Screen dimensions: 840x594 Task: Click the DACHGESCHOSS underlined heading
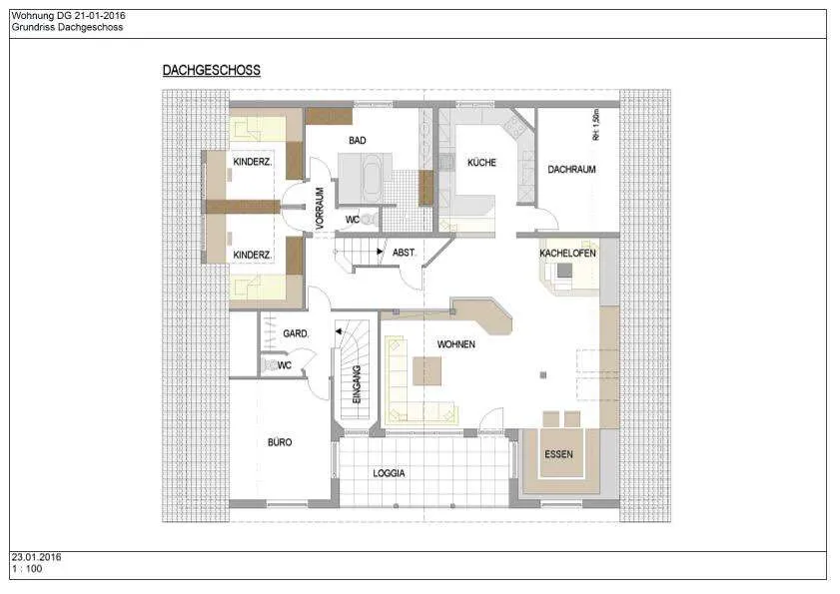(212, 70)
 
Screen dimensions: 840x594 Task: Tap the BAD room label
(358, 141)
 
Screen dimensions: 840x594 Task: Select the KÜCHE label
(481, 163)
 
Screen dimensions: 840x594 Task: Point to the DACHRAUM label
(571, 170)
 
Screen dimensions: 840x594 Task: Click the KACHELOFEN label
(567, 253)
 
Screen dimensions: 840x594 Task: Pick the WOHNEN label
(455, 344)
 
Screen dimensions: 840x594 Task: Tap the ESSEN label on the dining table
(558, 454)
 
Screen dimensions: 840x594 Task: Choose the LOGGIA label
(389, 473)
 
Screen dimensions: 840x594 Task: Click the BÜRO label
(280, 442)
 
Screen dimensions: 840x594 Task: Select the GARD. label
(296, 333)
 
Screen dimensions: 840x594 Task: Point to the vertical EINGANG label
(357, 384)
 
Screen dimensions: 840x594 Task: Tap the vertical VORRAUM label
(320, 209)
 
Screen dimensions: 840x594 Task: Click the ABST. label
(404, 253)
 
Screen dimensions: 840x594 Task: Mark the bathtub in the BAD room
(371, 178)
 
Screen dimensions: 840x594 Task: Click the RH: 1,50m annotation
(595, 125)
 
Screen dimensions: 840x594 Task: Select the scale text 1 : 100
(27, 569)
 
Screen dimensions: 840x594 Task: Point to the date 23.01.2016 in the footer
(36, 557)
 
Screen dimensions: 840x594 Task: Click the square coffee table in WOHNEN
(426, 371)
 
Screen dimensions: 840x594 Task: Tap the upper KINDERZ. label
(253, 162)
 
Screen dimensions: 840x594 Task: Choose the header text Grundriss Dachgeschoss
(68, 27)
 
